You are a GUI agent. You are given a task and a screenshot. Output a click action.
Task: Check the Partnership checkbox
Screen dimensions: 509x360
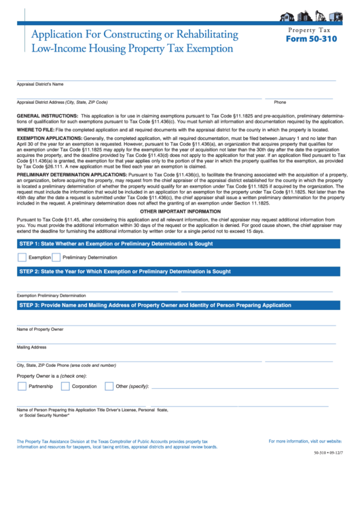(x=22, y=386)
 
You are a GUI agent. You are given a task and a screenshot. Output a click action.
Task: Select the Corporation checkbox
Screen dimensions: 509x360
(x=65, y=386)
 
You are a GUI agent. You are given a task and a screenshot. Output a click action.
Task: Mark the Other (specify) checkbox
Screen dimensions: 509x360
(x=109, y=386)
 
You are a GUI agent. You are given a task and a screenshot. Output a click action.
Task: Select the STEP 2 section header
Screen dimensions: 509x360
(x=125, y=271)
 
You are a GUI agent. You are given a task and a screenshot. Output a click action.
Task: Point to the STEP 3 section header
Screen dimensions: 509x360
(x=155, y=305)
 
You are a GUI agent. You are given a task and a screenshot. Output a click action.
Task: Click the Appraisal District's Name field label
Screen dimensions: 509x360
(x=40, y=84)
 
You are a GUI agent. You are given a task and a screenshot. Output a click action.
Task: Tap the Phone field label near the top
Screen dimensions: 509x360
(x=280, y=102)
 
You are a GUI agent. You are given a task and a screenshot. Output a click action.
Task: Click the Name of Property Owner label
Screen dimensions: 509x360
(x=40, y=329)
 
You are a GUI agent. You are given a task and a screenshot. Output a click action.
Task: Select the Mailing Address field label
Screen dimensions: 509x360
(x=32, y=347)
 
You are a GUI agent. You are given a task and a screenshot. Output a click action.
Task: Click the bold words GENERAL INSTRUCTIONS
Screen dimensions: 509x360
(x=42, y=116)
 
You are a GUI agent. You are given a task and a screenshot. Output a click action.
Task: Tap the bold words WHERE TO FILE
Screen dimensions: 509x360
(x=35, y=128)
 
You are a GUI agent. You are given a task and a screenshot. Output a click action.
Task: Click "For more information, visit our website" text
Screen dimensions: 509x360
(x=305, y=442)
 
